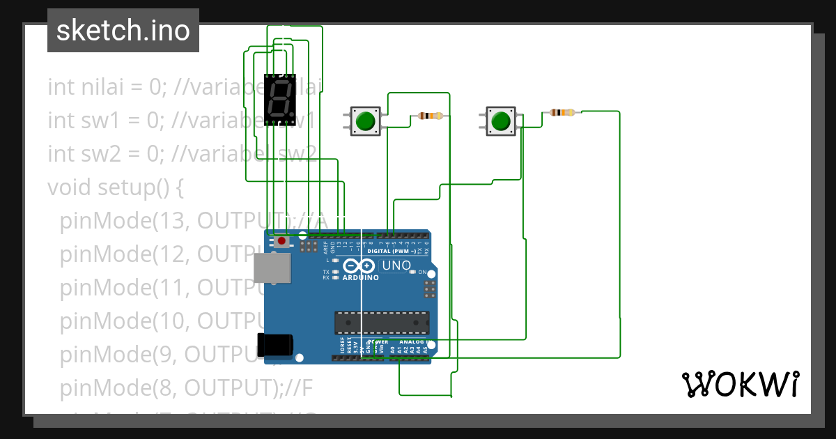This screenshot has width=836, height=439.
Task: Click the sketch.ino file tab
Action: point(123,31)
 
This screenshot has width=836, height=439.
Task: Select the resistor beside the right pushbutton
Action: point(562,112)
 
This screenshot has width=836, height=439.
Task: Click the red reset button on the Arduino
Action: point(281,241)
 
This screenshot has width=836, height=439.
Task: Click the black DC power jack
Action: point(275,346)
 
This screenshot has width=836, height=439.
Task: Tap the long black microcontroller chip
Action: point(382,323)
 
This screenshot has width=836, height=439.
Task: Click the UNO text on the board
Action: point(396,265)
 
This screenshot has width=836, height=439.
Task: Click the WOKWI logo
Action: point(740,384)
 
